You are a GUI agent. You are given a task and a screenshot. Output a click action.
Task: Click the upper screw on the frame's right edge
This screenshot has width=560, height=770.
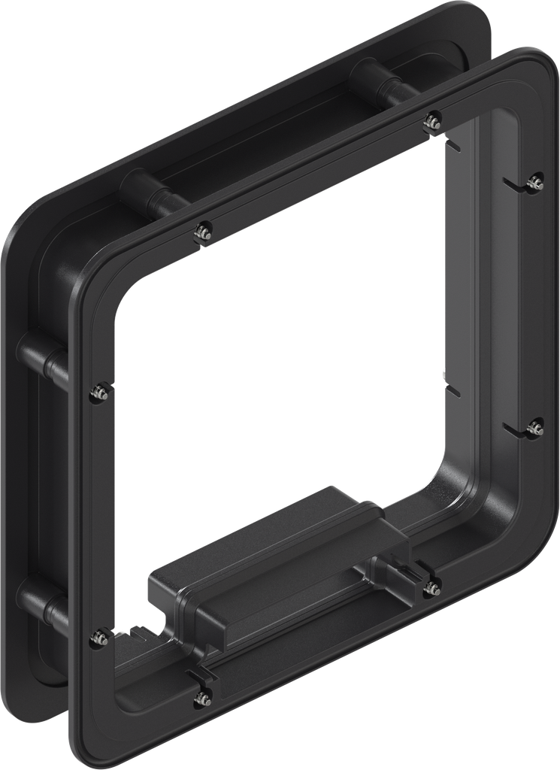[536, 180]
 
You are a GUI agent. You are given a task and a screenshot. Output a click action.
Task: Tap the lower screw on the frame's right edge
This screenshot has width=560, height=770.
[535, 428]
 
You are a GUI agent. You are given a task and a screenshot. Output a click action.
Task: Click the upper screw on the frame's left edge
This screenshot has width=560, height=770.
[97, 391]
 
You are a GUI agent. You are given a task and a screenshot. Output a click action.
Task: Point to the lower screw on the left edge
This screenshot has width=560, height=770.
[97, 638]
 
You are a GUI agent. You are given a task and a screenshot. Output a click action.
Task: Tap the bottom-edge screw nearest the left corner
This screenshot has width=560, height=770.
[201, 699]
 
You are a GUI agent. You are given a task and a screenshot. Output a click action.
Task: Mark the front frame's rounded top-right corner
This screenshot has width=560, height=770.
[530, 71]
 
